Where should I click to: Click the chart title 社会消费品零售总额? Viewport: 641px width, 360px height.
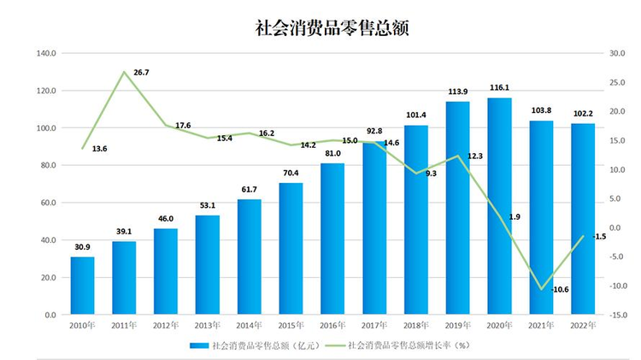(332, 28)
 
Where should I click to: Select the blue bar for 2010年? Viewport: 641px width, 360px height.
(83, 286)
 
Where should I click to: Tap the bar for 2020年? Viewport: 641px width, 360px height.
(500, 206)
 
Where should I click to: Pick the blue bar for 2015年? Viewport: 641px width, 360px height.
(291, 249)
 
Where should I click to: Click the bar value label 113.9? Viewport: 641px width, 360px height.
(458, 91)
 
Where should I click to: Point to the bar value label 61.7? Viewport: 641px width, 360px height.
(250, 190)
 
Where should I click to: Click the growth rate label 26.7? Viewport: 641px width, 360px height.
(141, 73)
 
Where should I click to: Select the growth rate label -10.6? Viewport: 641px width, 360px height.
(560, 289)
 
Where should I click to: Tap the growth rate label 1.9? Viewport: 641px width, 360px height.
(515, 217)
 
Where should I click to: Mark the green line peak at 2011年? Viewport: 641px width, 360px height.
(124, 72)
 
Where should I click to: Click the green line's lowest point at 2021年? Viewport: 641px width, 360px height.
(542, 289)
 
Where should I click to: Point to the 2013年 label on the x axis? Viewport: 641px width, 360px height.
(208, 326)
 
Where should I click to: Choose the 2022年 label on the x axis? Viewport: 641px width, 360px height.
(583, 326)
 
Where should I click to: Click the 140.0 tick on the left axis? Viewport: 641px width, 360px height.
(46, 53)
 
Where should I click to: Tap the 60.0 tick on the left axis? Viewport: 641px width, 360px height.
(48, 203)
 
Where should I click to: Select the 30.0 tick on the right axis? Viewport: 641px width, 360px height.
(617, 53)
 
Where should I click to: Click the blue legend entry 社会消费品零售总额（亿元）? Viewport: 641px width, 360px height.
(255, 345)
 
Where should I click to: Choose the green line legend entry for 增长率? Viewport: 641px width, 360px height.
(397, 345)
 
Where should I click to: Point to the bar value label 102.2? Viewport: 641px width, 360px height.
(583, 114)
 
